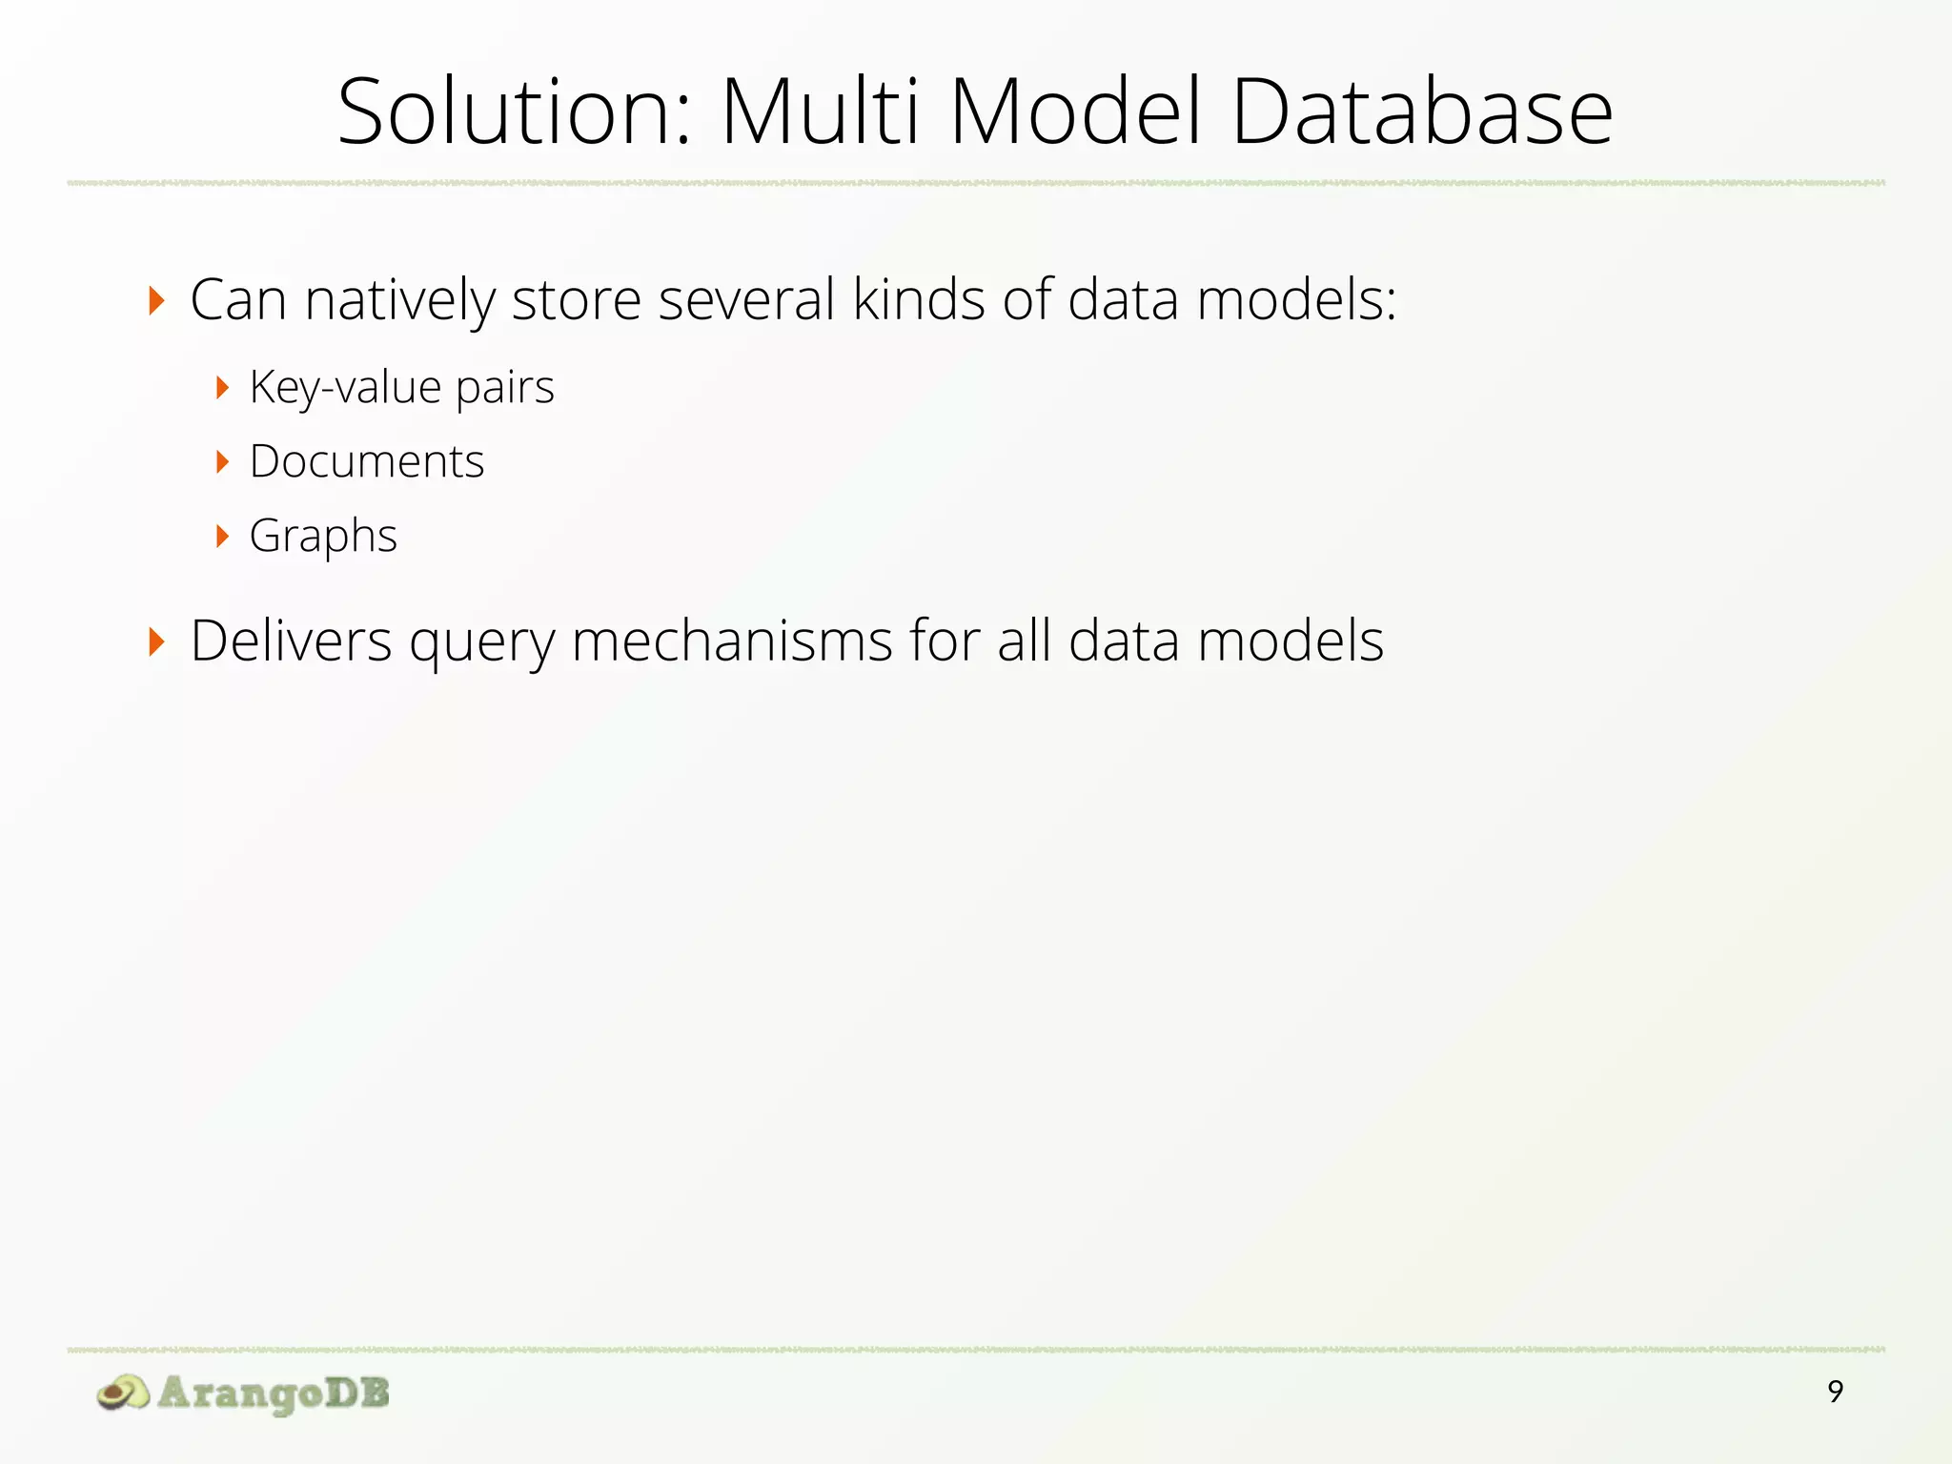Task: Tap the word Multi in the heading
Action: point(822,112)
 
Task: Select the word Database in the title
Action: point(1422,112)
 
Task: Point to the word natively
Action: point(400,300)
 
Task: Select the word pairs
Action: point(505,388)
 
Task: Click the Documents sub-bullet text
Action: point(367,462)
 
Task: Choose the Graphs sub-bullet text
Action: point(323,537)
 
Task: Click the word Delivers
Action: point(291,640)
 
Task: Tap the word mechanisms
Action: point(732,640)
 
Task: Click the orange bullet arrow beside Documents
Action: point(223,462)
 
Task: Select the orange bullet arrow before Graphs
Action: point(223,537)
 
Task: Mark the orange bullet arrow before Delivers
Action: point(157,641)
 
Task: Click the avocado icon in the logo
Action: point(123,1393)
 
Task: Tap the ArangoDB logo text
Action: point(274,1393)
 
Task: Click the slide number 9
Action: point(1835,1393)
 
